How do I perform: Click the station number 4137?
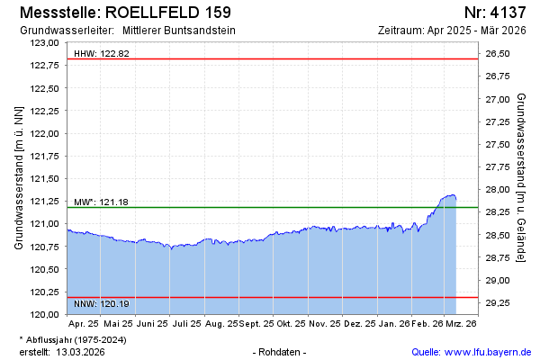click(x=495, y=13)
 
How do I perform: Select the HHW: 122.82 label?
click(x=102, y=54)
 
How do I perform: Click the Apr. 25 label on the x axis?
click(x=84, y=323)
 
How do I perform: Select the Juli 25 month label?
click(x=186, y=323)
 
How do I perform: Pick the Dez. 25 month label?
click(x=359, y=323)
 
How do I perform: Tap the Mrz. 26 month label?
click(x=461, y=323)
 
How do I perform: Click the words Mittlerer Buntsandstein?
click(x=179, y=30)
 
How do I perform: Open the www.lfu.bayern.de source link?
click(x=486, y=351)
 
